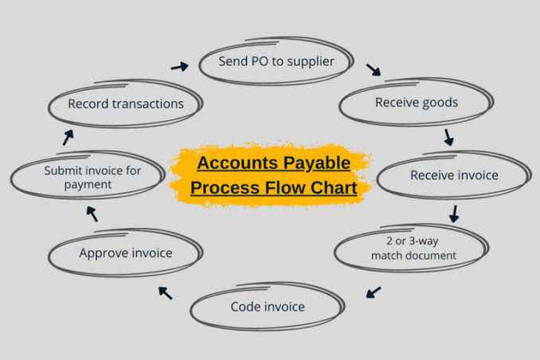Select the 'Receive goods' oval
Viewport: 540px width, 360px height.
(416, 103)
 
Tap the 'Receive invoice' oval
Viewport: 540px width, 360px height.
(453, 175)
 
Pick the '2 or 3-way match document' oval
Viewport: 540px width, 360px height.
(413, 248)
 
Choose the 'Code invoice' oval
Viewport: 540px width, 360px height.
(268, 307)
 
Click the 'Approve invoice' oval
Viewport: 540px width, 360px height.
(125, 253)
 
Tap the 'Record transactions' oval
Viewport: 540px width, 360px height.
(125, 104)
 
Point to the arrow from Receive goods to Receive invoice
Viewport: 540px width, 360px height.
(448, 137)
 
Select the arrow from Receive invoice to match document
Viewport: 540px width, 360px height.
(454, 213)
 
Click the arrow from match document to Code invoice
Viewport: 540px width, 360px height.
(373, 292)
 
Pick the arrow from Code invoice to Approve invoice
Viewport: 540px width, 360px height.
(165, 292)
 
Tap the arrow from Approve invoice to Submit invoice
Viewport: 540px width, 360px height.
(92, 213)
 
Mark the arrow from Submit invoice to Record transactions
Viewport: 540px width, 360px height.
(68, 137)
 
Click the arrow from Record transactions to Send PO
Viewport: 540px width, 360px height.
(179, 66)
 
